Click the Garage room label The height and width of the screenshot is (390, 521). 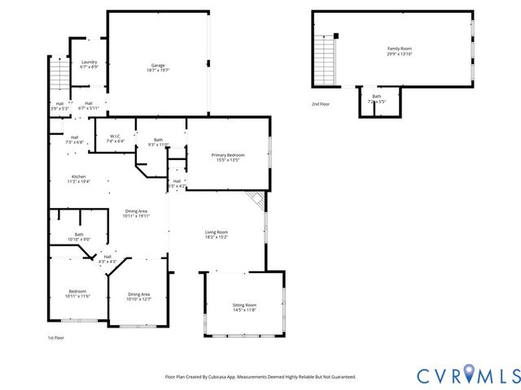point(158,67)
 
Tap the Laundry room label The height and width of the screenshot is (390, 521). point(89,64)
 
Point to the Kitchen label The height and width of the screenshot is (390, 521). point(78,179)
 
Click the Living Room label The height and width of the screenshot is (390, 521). point(216,234)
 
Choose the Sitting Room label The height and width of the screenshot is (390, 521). point(244,307)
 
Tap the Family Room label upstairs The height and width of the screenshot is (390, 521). point(400,51)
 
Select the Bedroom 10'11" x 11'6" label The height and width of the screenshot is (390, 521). point(77,293)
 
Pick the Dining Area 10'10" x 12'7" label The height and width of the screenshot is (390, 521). point(139,297)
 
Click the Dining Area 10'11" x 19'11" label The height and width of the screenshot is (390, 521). point(137,214)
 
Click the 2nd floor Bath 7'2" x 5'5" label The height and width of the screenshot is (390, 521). point(377,99)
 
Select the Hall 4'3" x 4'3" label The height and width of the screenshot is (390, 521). point(107,259)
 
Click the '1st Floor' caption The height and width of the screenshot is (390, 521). point(55,337)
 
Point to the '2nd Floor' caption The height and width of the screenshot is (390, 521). point(320,104)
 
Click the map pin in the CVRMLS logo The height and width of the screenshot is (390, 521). point(471,374)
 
